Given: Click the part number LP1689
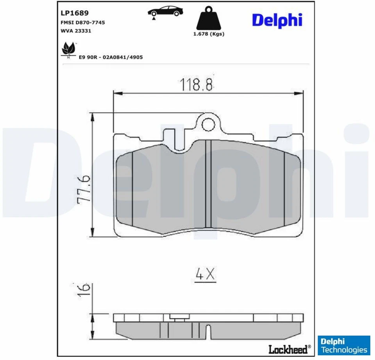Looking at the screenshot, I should point(75,12).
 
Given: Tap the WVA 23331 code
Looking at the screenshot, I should point(76,31).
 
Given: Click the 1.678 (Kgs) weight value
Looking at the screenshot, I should point(209,34).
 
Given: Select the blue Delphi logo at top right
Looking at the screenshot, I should point(277,20).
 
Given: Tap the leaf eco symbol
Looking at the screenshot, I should point(69,50).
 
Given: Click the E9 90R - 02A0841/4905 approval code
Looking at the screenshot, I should point(111,57).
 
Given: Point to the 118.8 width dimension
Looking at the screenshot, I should point(196,84).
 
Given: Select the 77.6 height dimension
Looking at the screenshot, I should point(84,189).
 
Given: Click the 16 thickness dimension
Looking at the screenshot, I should point(84,289).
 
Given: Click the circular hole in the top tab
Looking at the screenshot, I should point(209,124).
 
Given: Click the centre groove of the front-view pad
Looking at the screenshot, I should point(208,184).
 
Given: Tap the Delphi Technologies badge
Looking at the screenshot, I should point(344,345).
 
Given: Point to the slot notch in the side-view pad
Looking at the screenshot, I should point(208,331).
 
